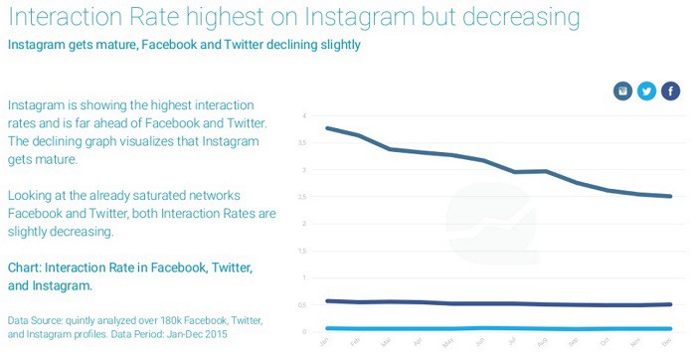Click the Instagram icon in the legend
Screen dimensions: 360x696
(622, 91)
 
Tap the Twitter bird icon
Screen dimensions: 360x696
(646, 91)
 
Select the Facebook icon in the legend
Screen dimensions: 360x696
(670, 91)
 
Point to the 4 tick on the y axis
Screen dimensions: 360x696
(303, 116)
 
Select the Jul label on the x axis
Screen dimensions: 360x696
(511, 342)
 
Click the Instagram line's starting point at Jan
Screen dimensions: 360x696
(327, 128)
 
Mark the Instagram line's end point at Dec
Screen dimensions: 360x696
(671, 196)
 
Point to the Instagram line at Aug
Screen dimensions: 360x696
(545, 171)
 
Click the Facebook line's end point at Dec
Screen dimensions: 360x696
(671, 304)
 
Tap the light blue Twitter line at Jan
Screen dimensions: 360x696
(327, 328)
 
